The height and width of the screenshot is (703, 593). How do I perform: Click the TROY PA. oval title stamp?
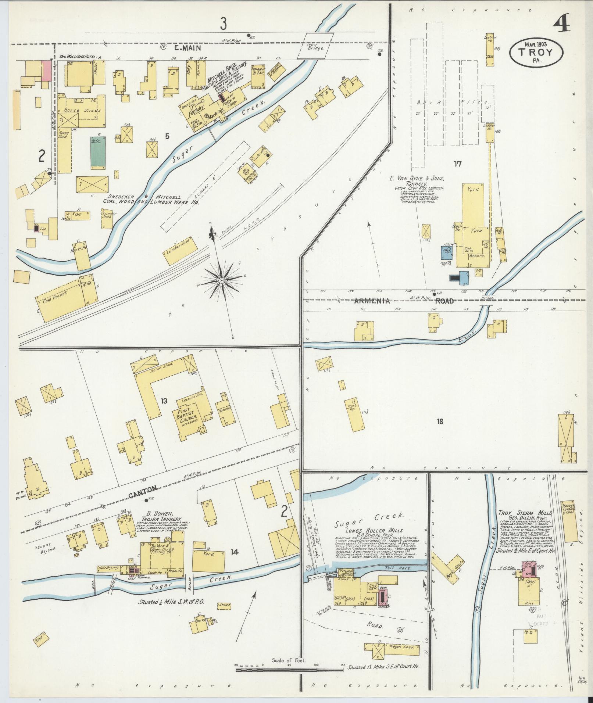tap(536, 53)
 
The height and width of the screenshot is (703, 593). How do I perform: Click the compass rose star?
tap(222, 280)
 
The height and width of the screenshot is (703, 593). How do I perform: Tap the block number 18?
tap(440, 421)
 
